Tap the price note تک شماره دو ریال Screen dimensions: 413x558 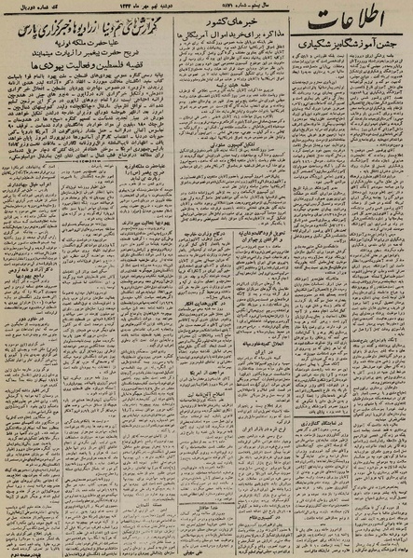37,7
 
